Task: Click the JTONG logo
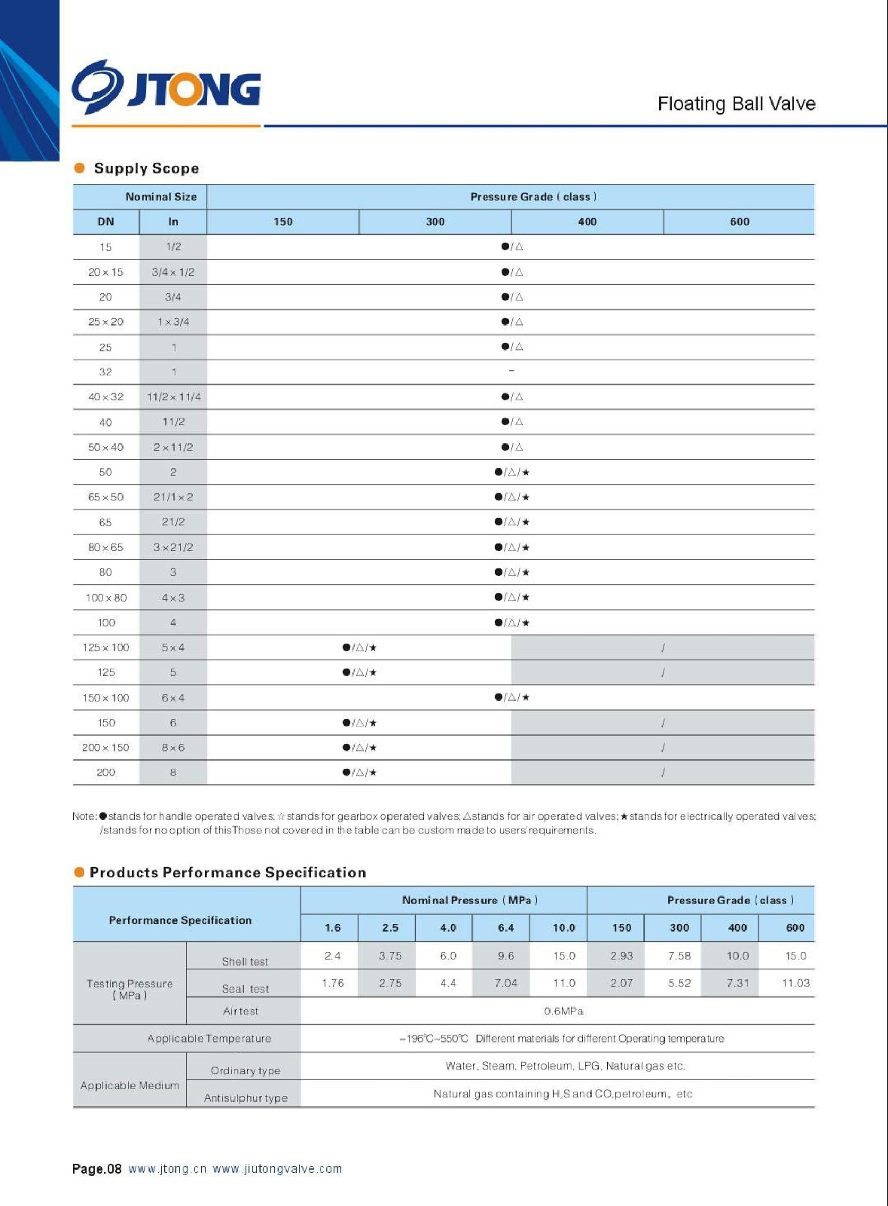(166, 87)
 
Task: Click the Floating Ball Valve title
(736, 103)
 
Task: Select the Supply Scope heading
(146, 168)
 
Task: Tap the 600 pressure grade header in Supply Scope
(739, 222)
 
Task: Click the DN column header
(105, 222)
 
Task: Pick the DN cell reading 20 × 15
(105, 272)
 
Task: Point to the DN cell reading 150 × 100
(105, 698)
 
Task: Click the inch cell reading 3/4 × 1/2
(172, 272)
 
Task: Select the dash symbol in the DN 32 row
(511, 371)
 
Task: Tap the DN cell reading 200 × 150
(105, 748)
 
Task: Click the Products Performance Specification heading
(227, 872)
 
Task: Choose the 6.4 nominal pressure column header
(505, 928)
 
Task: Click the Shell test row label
(245, 961)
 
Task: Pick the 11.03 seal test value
(795, 983)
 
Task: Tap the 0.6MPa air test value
(563, 1011)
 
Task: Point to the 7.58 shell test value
(679, 956)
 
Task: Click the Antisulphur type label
(246, 1097)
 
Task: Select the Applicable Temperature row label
(209, 1039)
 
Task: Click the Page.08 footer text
(96, 1169)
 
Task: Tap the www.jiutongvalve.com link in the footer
(277, 1169)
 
